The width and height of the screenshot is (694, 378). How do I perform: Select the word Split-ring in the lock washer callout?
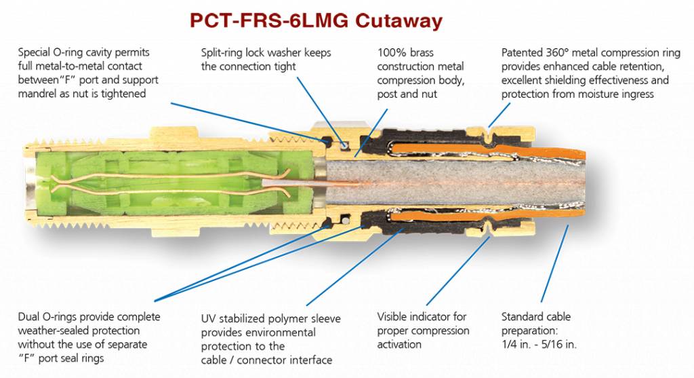tap(224, 52)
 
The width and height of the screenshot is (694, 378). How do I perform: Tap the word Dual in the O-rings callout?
tap(30, 317)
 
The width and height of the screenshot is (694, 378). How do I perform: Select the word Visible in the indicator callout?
tap(394, 317)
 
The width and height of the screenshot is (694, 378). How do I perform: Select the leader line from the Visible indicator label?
tap(453, 271)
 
